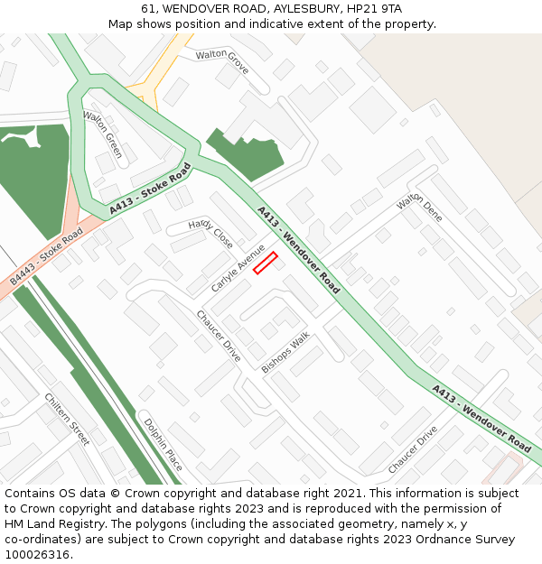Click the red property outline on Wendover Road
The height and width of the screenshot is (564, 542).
(265, 263)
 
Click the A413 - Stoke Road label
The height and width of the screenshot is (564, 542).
(151, 189)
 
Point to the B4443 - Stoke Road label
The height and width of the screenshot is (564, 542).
(46, 256)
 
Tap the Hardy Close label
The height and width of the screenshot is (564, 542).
(210, 234)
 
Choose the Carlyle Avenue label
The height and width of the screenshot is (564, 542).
(238, 268)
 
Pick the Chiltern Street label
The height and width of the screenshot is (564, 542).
(68, 419)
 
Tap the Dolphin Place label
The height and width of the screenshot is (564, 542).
(163, 443)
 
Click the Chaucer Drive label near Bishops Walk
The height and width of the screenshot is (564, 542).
(219, 336)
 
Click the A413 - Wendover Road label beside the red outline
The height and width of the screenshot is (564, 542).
(298, 250)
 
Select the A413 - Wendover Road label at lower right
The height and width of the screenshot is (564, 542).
(481, 418)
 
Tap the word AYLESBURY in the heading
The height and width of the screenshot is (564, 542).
(272, 8)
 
